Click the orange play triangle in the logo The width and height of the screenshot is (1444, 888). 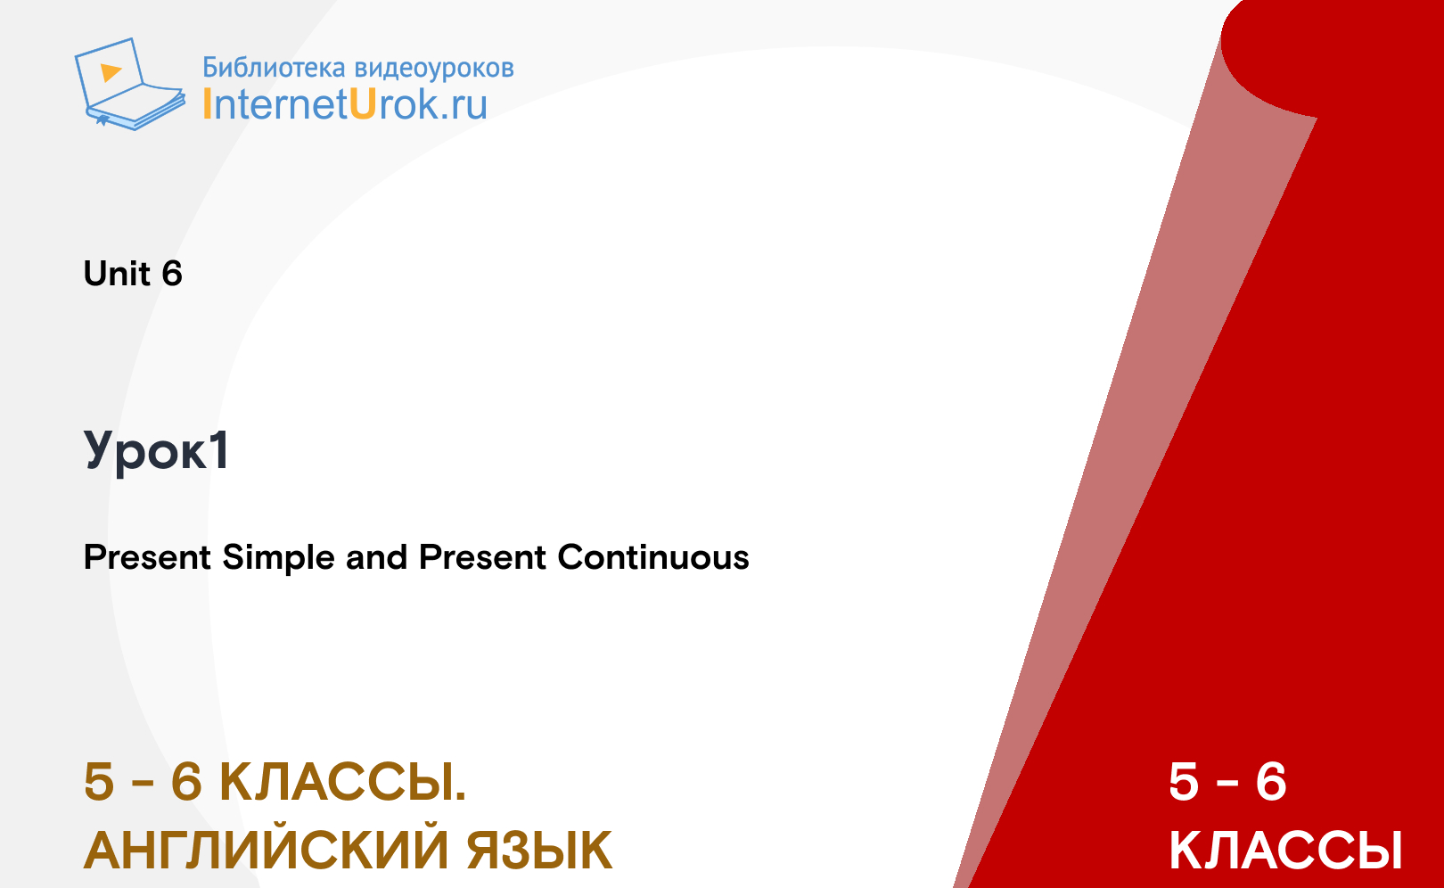click(x=111, y=72)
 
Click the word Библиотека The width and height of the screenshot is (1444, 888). click(x=275, y=68)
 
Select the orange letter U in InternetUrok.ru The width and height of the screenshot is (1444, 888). click(x=363, y=104)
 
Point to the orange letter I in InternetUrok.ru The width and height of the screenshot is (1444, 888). click(x=207, y=104)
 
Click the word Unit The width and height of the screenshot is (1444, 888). click(x=117, y=274)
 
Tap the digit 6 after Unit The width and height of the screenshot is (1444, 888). click(x=172, y=274)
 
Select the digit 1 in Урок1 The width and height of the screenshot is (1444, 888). click(x=219, y=450)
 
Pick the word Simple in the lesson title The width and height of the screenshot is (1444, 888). click(x=278, y=558)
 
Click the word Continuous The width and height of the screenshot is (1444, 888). click(x=653, y=557)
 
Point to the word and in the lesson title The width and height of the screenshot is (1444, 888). click(x=376, y=557)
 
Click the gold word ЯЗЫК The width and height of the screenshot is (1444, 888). click(x=539, y=851)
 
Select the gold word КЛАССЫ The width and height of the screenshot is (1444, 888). click(x=342, y=782)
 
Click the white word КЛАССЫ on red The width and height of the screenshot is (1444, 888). click(x=1285, y=851)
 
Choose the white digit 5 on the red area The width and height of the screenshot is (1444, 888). click(x=1184, y=782)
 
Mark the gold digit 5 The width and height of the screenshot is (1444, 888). click(x=99, y=782)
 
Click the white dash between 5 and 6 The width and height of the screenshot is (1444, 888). click(x=1228, y=784)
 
